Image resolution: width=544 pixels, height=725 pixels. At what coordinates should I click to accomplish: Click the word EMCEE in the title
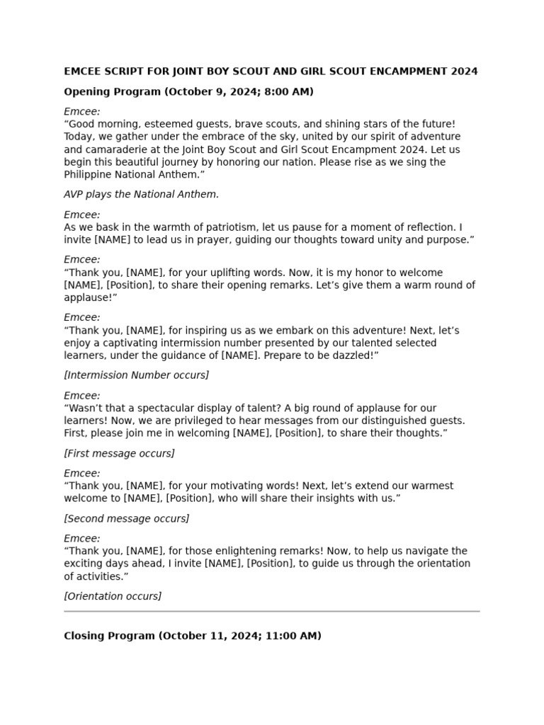[x=84, y=72]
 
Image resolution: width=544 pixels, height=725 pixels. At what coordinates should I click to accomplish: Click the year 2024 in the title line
[x=463, y=72]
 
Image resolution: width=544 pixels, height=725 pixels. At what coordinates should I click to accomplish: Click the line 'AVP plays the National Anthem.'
[x=142, y=194]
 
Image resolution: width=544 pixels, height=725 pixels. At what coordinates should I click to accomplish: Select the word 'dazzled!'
[x=357, y=355]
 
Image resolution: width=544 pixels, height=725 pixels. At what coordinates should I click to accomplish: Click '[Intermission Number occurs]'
[x=137, y=375]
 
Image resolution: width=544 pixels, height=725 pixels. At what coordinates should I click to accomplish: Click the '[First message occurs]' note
[x=119, y=453]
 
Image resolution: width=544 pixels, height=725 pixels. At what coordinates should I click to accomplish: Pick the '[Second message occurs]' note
[x=127, y=518]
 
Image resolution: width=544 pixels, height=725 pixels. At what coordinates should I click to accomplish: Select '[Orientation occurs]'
[x=113, y=596]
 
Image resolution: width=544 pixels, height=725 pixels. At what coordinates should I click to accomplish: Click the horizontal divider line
[x=272, y=610]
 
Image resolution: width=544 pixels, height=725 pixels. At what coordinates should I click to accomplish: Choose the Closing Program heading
[x=109, y=636]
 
